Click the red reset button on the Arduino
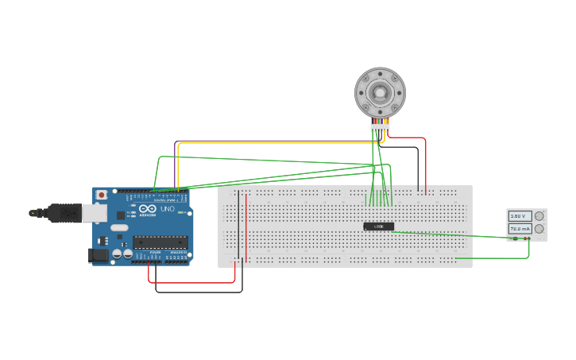pyautogui.click(x=101, y=195)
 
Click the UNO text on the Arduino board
pyautogui.click(x=168, y=209)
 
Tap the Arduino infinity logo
pyautogui.click(x=147, y=208)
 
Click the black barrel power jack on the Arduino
pyautogui.click(x=98, y=255)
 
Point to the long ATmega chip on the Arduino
pyautogui.click(x=160, y=242)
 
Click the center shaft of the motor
pyautogui.click(x=381, y=92)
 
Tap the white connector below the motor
pyautogui.click(x=380, y=127)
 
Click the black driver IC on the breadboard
pyautogui.click(x=379, y=226)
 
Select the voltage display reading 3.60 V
pyautogui.click(x=520, y=216)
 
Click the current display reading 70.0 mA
pyautogui.click(x=520, y=229)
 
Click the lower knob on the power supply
pyautogui.click(x=540, y=229)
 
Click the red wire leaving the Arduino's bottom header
pyautogui.click(x=191, y=282)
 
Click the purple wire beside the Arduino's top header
pyautogui.click(x=175, y=163)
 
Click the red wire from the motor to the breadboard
pyautogui.click(x=426, y=163)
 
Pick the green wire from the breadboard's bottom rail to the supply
pyautogui.click(x=493, y=257)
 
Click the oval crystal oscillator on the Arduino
pyautogui.click(x=119, y=228)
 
